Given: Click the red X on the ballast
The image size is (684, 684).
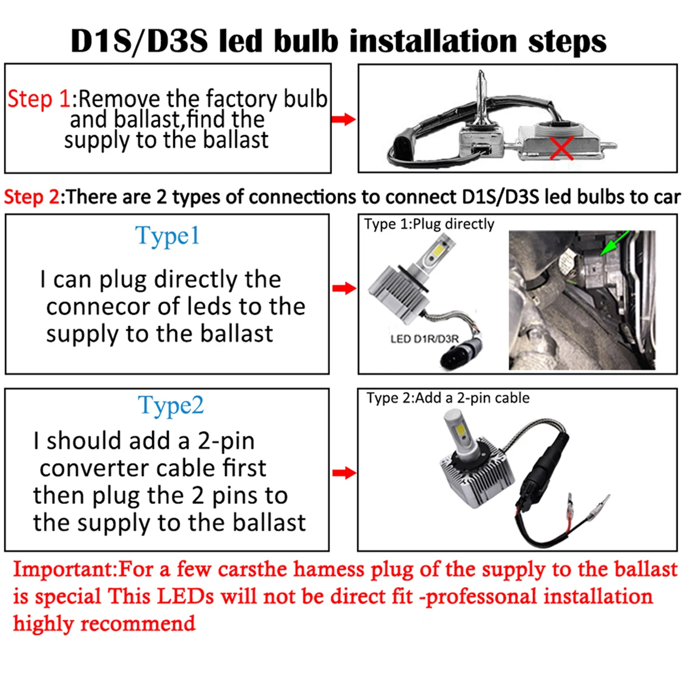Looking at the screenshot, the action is click(x=561, y=148).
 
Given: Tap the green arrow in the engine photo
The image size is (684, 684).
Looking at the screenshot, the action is click(x=614, y=243).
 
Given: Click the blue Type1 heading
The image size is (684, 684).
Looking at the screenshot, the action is click(x=167, y=236).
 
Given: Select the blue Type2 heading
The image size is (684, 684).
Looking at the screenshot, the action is click(x=171, y=406).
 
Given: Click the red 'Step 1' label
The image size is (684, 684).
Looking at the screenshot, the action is click(x=39, y=99).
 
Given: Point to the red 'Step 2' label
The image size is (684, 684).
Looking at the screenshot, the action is click(x=32, y=197).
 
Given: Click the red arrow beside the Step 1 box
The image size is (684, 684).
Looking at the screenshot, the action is click(x=343, y=119).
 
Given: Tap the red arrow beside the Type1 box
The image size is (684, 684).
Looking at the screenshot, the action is click(x=344, y=288).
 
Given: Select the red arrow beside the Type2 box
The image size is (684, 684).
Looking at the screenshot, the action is click(x=344, y=473).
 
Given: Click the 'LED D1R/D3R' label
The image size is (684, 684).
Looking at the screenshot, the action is click(x=425, y=339).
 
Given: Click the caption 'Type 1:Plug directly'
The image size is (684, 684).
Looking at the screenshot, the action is click(x=429, y=224).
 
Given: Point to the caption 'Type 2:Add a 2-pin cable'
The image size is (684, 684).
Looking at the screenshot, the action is click(x=448, y=398).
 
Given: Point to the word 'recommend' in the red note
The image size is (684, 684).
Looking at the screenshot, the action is click(x=138, y=624).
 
